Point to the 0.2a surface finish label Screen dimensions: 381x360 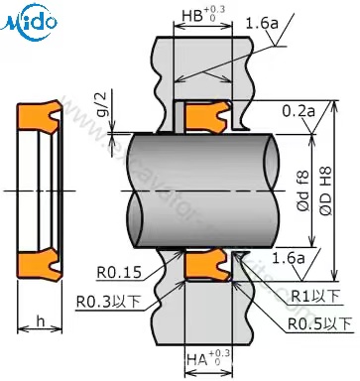coord(298,109)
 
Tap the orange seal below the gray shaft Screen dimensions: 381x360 coord(209,265)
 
